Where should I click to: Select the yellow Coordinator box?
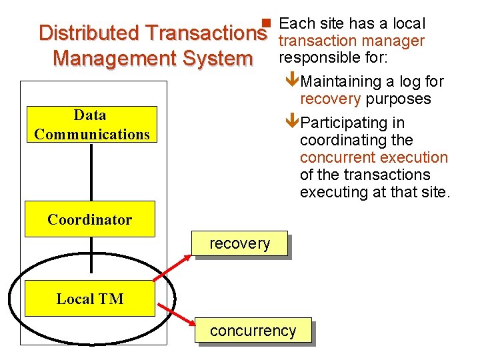pyautogui.click(x=89, y=219)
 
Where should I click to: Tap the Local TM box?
pyautogui.click(x=90, y=299)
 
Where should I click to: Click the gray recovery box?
pyautogui.click(x=239, y=243)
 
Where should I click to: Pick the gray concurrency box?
pyautogui.click(x=253, y=331)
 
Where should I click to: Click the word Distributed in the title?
pyautogui.click(x=89, y=33)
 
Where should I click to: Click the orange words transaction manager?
pyautogui.click(x=351, y=41)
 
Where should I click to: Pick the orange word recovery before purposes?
pyautogui.click(x=330, y=99)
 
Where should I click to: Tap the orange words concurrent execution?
pyautogui.click(x=373, y=158)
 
